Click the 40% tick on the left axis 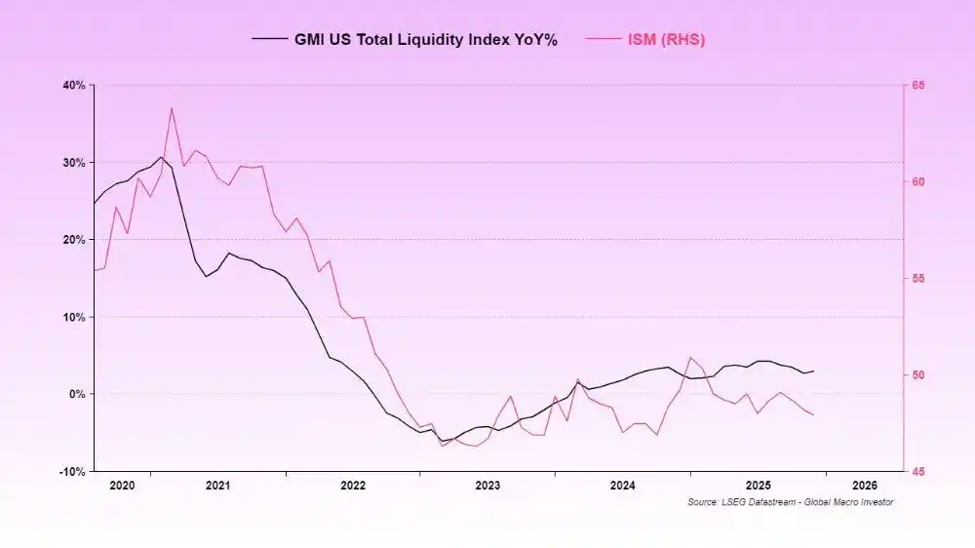pyautogui.click(x=74, y=85)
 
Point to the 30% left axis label pyautogui.click(x=74, y=162)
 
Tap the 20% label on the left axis pyautogui.click(x=74, y=239)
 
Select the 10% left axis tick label pyautogui.click(x=74, y=317)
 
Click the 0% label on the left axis pyautogui.click(x=77, y=394)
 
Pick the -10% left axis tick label pyautogui.click(x=73, y=471)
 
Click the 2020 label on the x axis pyautogui.click(x=123, y=485)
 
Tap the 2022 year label pyautogui.click(x=353, y=485)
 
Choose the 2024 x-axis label pyautogui.click(x=623, y=485)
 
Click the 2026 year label pyautogui.click(x=864, y=485)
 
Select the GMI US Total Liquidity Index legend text pyautogui.click(x=425, y=40)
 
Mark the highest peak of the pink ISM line pyautogui.click(x=172, y=108)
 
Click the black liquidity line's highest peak pyautogui.click(x=161, y=157)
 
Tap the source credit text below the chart pyautogui.click(x=790, y=502)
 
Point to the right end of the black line pyautogui.click(x=813, y=371)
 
